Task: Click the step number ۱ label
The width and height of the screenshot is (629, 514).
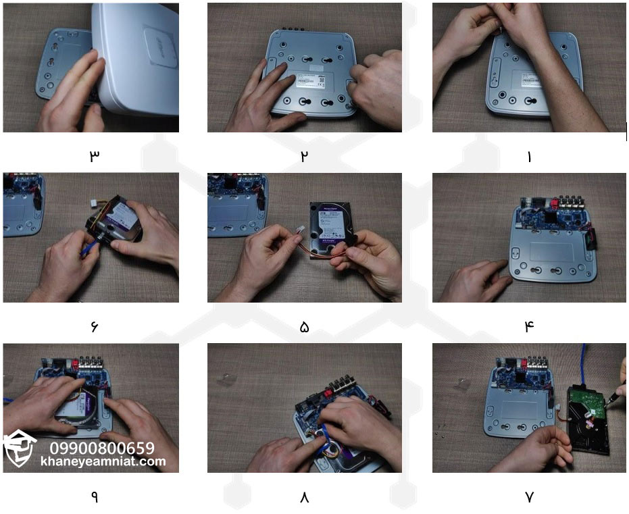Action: [529, 156]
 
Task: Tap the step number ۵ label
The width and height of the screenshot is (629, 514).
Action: [304, 327]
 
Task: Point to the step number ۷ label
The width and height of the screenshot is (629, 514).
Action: [529, 497]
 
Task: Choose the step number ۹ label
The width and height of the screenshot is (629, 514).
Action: [94, 497]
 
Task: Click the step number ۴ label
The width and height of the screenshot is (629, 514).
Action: [529, 326]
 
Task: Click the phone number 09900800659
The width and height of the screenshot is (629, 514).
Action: [102, 448]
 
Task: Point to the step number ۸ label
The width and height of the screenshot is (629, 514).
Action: [304, 497]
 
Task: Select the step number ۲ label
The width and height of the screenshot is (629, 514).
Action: [304, 156]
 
